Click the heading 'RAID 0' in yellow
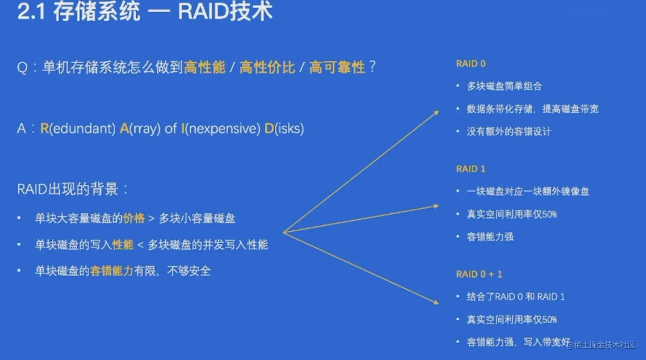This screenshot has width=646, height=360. coord(471,64)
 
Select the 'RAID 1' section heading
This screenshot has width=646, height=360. coord(471,169)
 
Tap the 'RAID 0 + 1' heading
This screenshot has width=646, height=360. coord(479,274)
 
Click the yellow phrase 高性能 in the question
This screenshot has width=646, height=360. coord(205,67)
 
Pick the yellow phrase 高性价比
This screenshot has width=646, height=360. coord(267,67)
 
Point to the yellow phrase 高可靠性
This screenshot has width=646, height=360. coord(337,67)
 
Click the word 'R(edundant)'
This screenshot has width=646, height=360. coord(78,128)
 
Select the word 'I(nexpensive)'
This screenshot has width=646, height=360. coord(220,128)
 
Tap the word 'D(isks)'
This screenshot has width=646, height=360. coord(285,128)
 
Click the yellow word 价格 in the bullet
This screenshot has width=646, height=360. coord(134,218)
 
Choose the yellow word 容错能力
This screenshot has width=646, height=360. coord(112,271)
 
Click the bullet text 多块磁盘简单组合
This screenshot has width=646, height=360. coord(505,86)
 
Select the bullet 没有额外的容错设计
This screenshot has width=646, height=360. coord(509,132)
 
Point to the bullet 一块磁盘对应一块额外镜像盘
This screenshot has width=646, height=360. coord(528,192)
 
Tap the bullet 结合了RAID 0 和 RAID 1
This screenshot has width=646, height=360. coord(516,297)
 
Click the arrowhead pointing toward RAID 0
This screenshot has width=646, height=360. coord(436,112)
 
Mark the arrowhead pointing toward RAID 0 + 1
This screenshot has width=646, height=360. coord(436,302)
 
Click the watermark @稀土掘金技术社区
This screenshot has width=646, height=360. coord(601,345)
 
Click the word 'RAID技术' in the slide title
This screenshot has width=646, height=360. coord(225,12)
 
